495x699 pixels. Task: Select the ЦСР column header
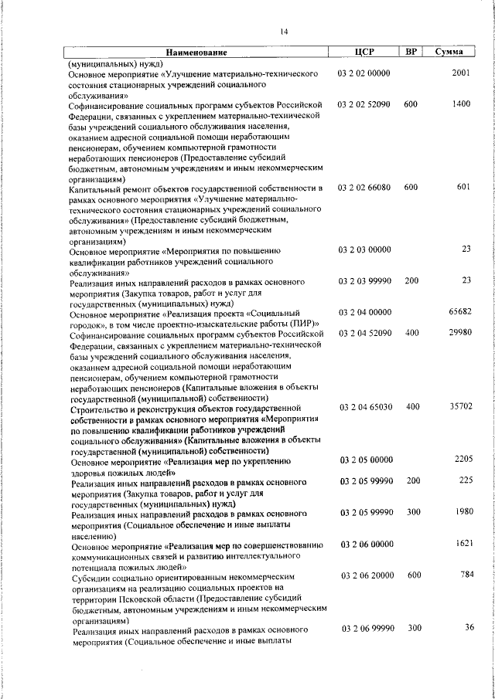(x=364, y=53)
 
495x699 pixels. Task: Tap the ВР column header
(x=411, y=53)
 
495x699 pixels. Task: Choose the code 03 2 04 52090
(x=364, y=333)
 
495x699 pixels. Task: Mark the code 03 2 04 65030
(x=364, y=406)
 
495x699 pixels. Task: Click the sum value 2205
(x=463, y=460)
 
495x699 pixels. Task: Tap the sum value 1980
(x=463, y=511)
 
